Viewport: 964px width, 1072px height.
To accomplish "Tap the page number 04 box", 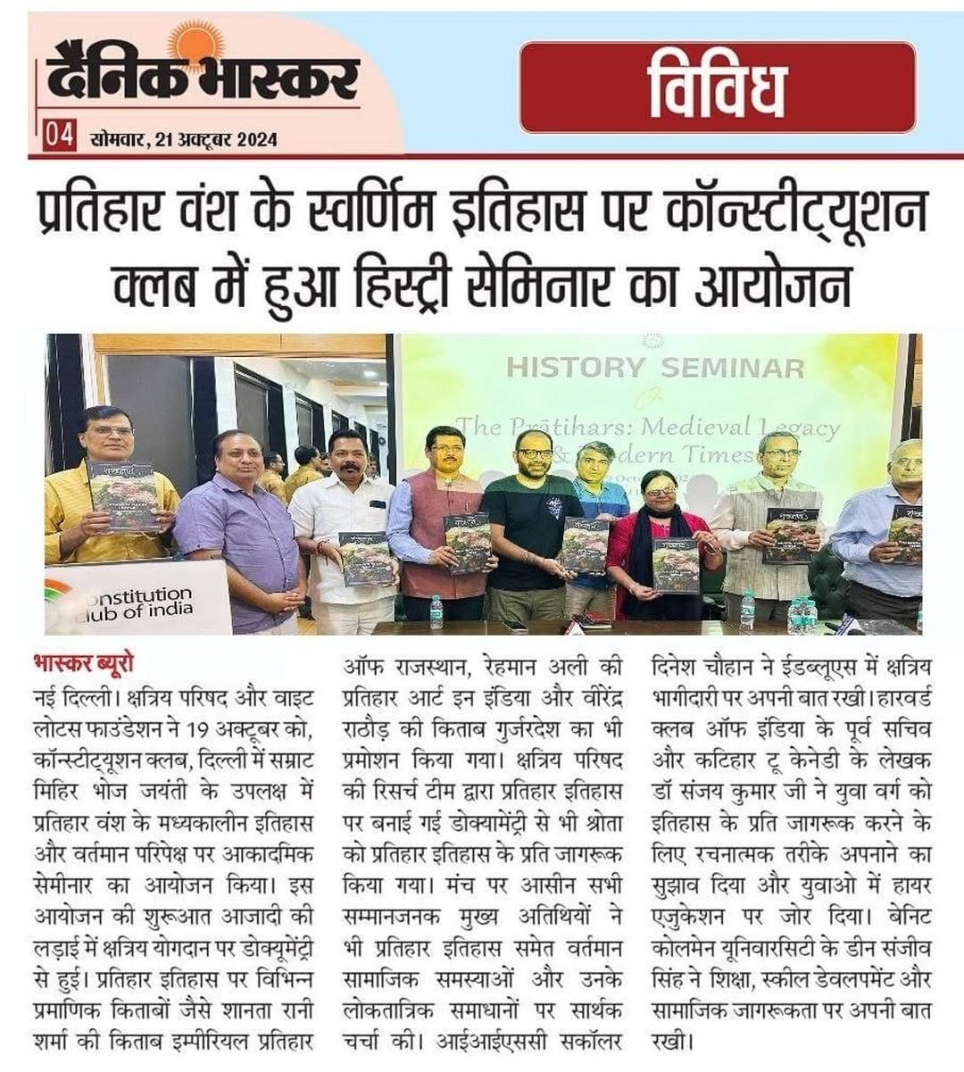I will click(x=59, y=137).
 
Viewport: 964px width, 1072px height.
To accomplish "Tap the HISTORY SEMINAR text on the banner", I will click(x=654, y=367).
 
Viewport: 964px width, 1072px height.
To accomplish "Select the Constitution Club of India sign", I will click(x=134, y=599).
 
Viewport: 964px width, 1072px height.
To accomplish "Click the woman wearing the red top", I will click(x=658, y=536).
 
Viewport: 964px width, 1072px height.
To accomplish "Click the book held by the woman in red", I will click(x=676, y=566).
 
